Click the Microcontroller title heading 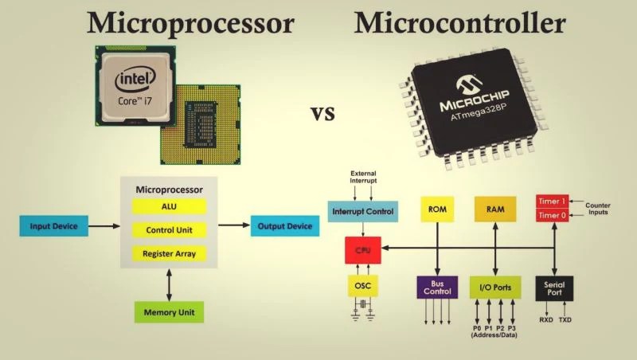459,23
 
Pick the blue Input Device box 53,226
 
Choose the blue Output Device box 284,226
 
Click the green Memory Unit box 169,311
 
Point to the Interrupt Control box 363,211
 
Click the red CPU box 363,250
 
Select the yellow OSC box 363,286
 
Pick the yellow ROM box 436,209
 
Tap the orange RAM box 494,209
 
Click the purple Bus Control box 437,287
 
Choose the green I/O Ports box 494,287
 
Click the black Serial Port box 553,288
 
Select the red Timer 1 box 553,201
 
